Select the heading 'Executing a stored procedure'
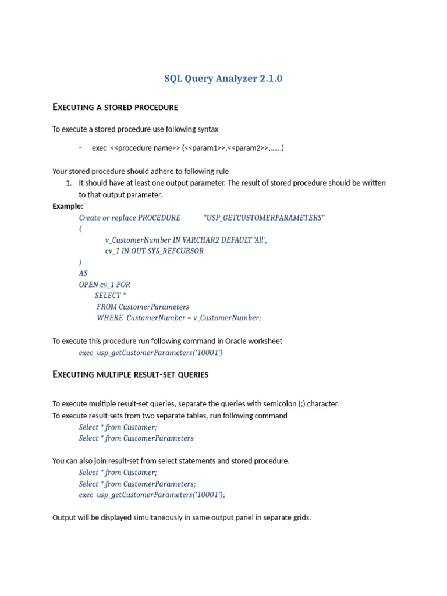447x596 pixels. point(115,107)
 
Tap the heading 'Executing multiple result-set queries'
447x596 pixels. point(130,374)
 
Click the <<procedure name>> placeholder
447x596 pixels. point(145,148)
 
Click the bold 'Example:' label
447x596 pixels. point(68,206)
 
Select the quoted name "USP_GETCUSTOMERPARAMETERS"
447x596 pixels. point(264,218)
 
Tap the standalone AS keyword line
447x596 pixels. point(83,273)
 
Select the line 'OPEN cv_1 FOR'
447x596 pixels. point(105,285)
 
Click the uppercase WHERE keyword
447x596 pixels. point(109,318)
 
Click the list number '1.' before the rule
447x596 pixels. point(69,183)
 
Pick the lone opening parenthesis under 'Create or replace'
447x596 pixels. point(80,229)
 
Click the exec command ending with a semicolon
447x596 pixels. point(152,495)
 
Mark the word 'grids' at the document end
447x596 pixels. point(301,517)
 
